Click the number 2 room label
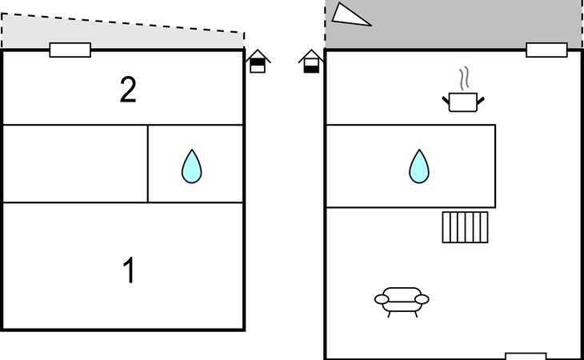128,90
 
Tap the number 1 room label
128,271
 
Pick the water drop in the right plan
418,166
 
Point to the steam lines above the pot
464,79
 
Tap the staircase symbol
465,227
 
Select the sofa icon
401,300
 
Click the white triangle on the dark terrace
350,14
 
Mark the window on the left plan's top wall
70,50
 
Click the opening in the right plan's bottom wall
526,356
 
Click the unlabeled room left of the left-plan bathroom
76,163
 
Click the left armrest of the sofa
381,299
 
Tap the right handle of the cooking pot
481,98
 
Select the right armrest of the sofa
422,299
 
